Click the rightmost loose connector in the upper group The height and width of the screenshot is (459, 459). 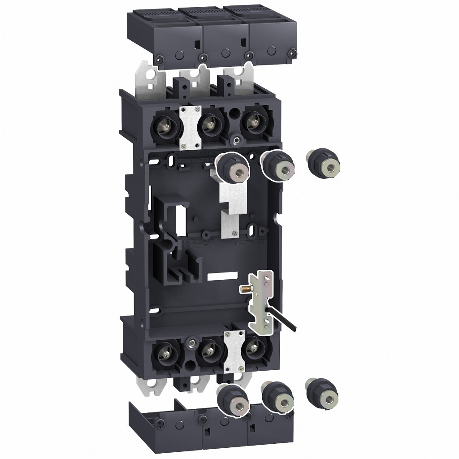[x=323, y=165]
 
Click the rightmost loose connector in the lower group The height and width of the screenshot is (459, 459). [x=321, y=390]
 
